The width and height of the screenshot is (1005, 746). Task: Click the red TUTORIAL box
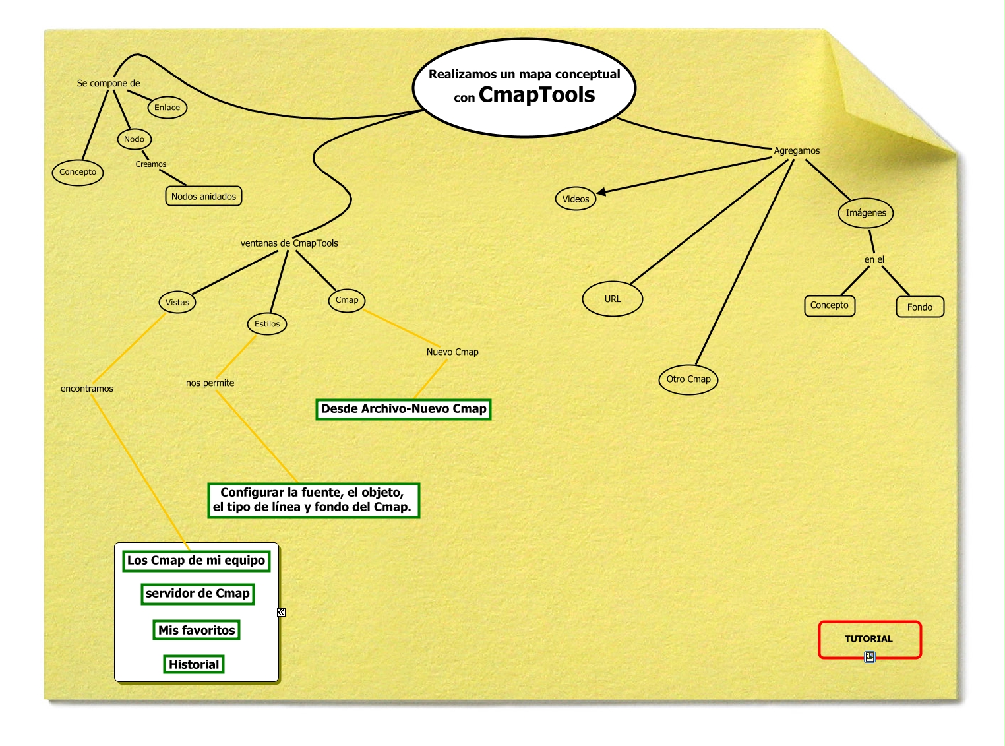point(869,638)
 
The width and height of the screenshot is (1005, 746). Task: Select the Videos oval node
point(576,199)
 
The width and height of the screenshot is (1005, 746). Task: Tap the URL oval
point(613,299)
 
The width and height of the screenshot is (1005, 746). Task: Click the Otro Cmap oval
point(688,379)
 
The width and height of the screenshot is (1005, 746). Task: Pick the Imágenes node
point(866,212)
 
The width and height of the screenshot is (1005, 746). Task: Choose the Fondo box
point(920,307)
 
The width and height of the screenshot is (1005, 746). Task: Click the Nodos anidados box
point(203,196)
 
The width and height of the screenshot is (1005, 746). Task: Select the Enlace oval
point(167,108)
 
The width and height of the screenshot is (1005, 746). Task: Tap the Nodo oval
point(134,139)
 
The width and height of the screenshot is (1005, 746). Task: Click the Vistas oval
point(177,302)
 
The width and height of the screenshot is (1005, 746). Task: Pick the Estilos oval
point(267,324)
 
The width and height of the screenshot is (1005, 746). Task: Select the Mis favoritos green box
point(197,630)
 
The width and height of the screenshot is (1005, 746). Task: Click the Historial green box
point(194,664)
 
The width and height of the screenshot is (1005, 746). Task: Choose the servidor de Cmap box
point(197,593)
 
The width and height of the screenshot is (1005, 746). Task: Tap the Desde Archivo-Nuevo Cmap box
point(404,409)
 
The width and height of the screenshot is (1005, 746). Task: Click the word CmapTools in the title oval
point(537,95)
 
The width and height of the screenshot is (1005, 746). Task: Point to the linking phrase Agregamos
point(797,150)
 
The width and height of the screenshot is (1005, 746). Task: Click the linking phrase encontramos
point(87,389)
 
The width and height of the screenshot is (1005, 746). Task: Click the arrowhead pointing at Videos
point(601,192)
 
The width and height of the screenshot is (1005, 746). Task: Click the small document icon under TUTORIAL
point(870,656)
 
